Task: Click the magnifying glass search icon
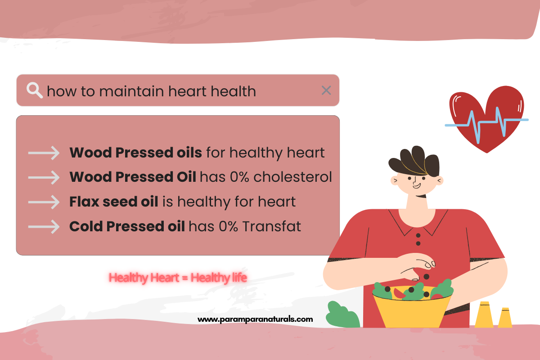(34, 90)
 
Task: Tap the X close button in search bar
(326, 90)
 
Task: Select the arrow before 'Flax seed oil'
(44, 202)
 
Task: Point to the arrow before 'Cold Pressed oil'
(44, 226)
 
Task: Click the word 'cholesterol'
(292, 177)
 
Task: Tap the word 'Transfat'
(271, 226)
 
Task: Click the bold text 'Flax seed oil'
(113, 202)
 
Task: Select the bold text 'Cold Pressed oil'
(127, 226)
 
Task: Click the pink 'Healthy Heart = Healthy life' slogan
(178, 278)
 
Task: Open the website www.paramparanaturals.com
(255, 319)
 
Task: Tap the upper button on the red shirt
(418, 235)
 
